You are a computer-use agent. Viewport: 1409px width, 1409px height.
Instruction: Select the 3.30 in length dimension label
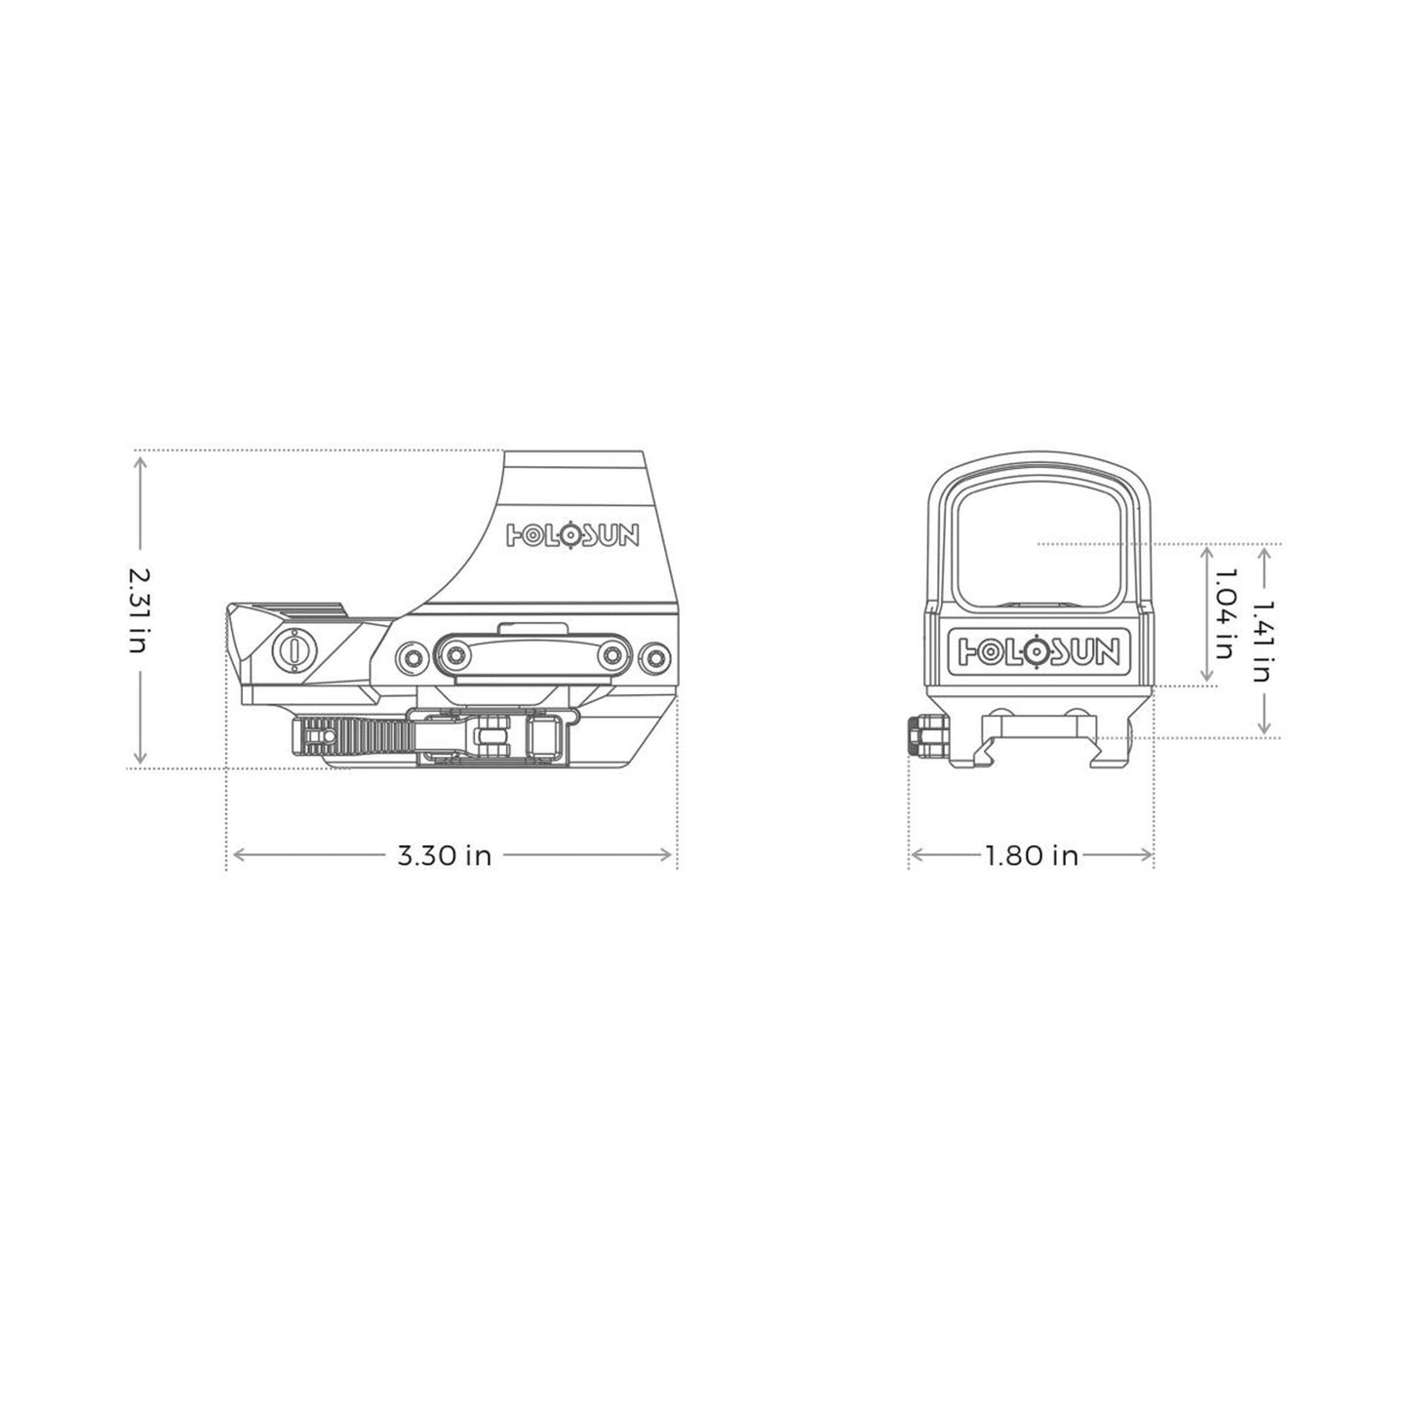click(x=444, y=856)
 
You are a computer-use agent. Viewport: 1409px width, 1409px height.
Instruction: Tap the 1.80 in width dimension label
click(x=1031, y=856)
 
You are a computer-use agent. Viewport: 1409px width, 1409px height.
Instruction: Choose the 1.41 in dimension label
click(x=1264, y=641)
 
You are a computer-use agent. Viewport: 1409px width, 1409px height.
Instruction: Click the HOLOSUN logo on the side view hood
click(x=573, y=533)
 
